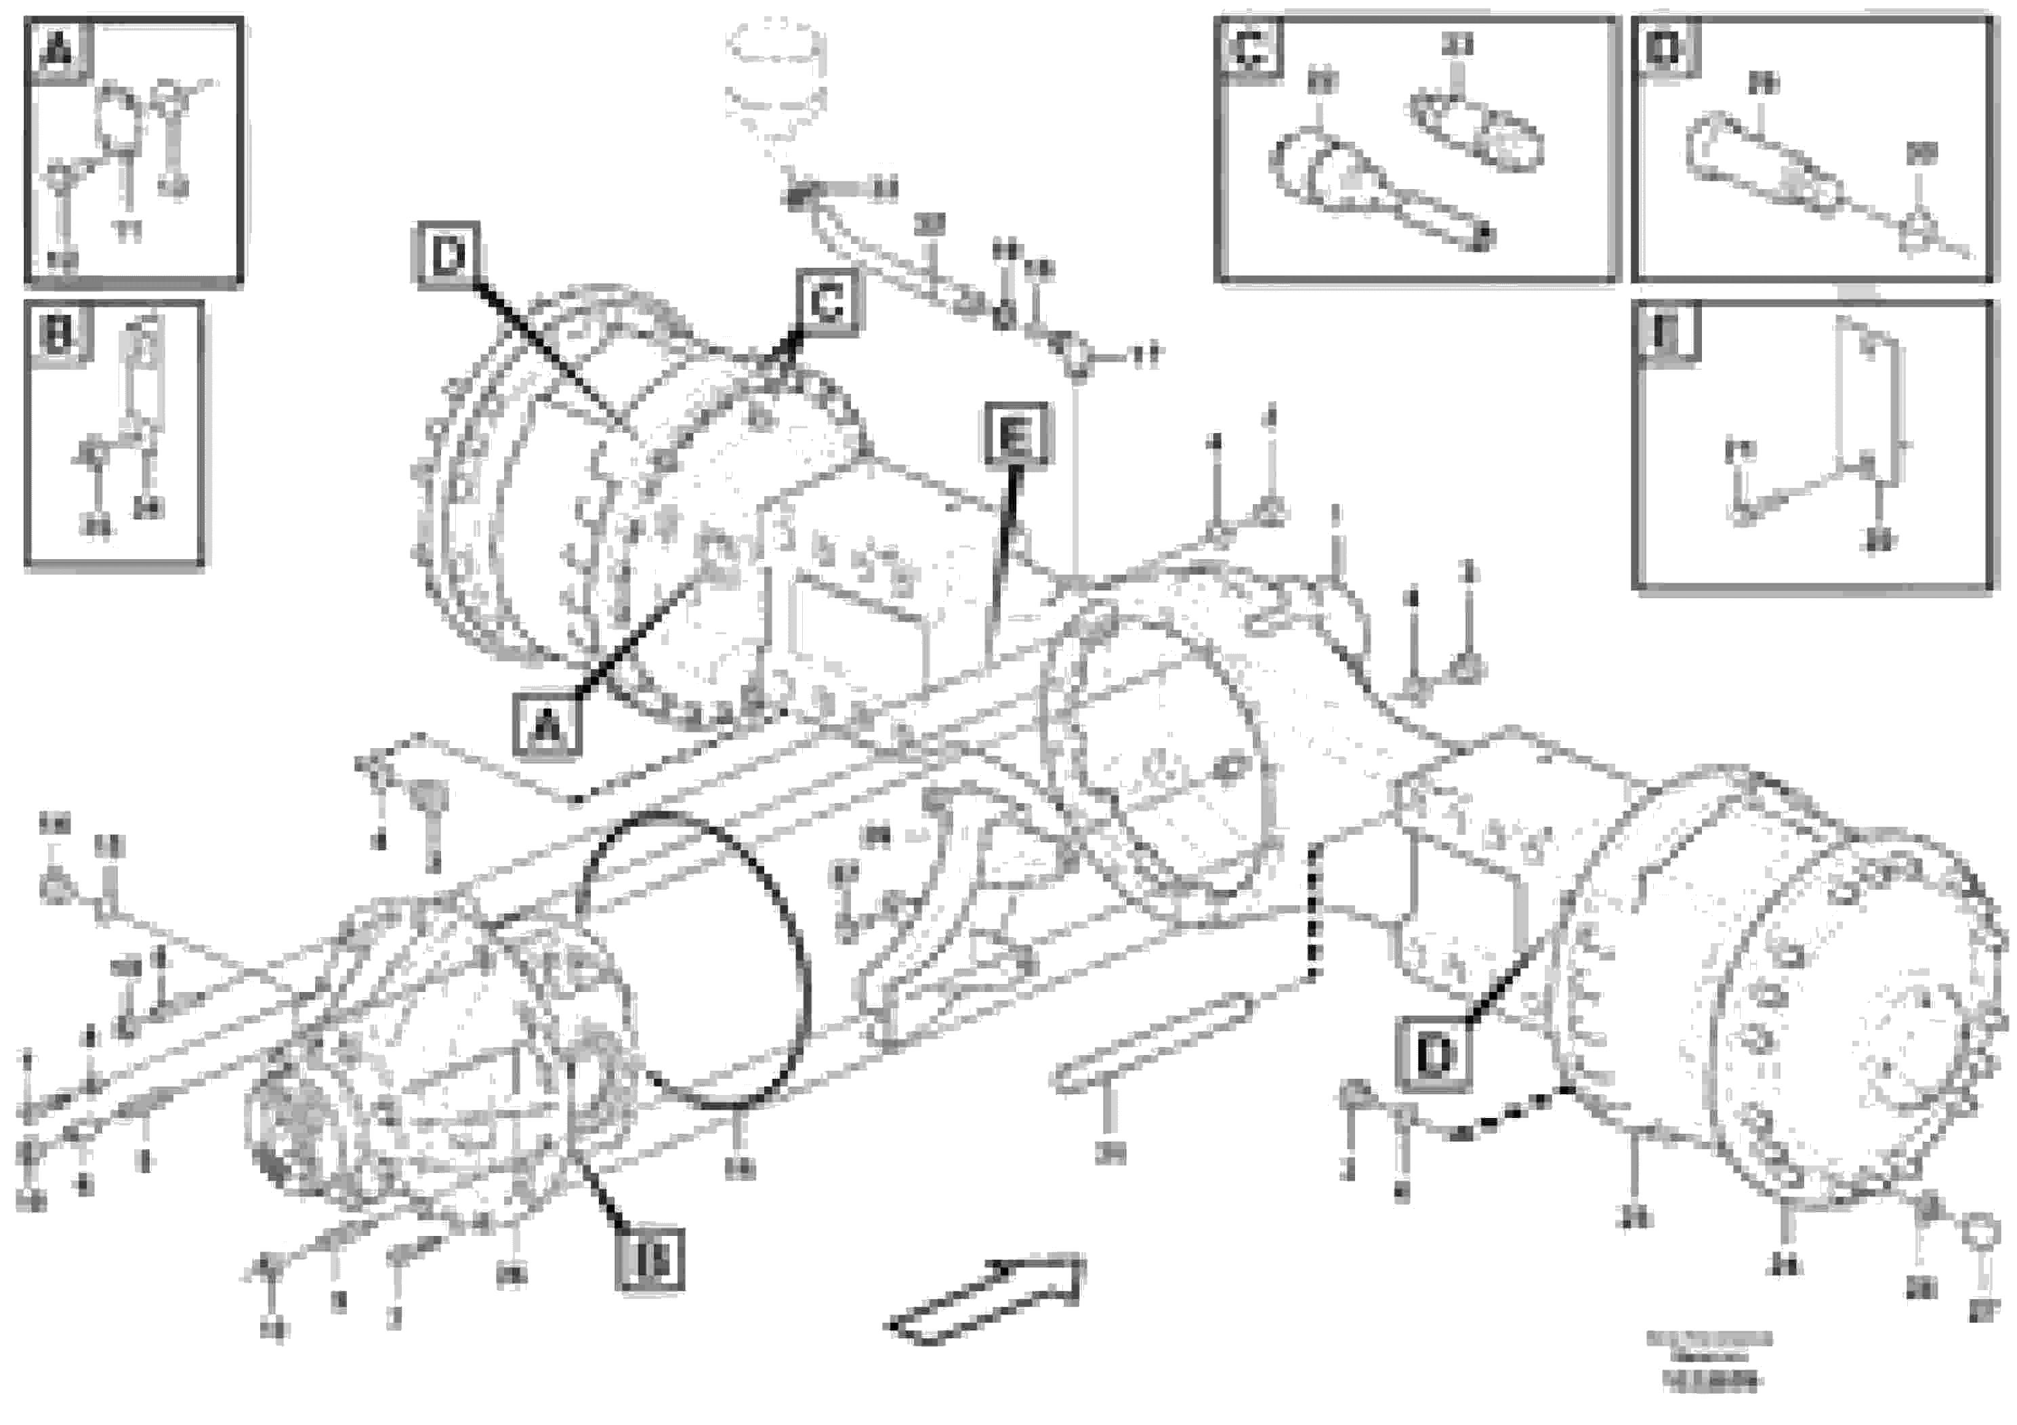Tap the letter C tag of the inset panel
(1250, 48)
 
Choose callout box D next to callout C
(448, 255)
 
